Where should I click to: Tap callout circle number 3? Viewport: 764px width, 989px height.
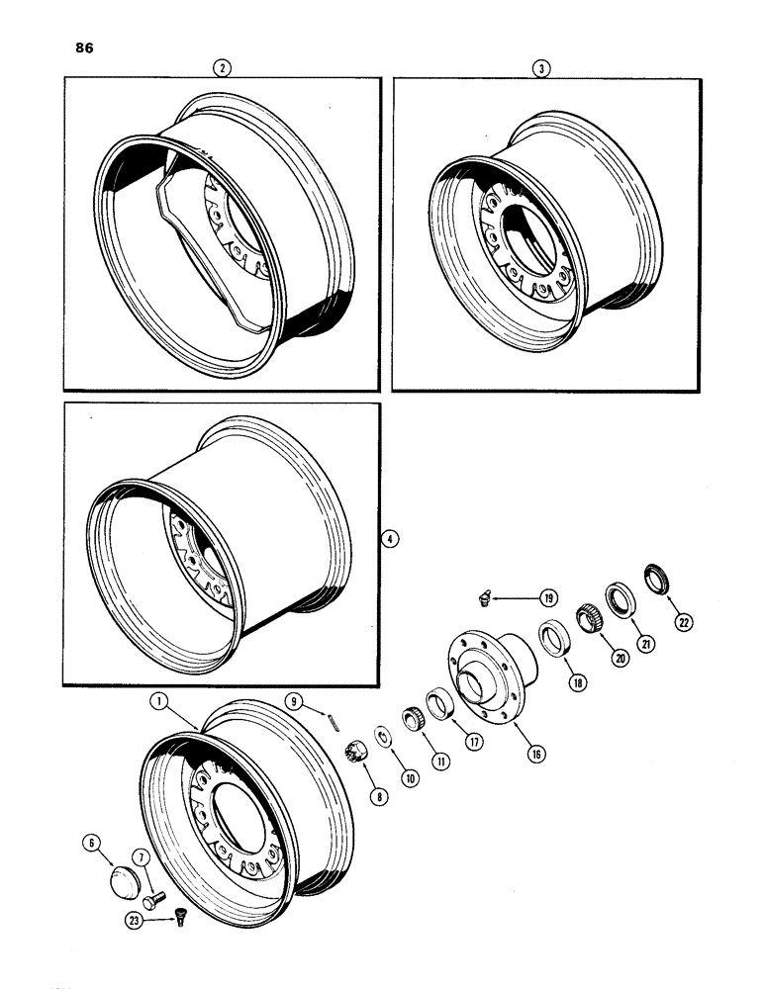[540, 68]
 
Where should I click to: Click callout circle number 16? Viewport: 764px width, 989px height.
[510, 753]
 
